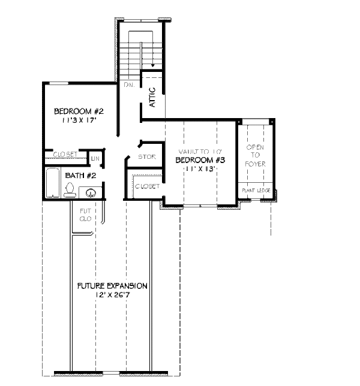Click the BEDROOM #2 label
tap(79, 111)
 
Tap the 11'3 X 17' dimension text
tap(79, 120)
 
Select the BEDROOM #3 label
tap(200, 160)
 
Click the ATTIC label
tap(152, 97)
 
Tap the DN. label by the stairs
tap(128, 85)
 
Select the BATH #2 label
tap(81, 176)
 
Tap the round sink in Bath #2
tap(91, 193)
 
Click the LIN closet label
tap(95, 158)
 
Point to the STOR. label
tap(146, 157)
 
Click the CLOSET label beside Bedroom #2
tap(65, 155)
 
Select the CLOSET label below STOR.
tap(147, 186)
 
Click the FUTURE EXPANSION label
tap(112, 286)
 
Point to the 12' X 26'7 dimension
tap(112, 295)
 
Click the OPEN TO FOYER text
tap(256, 155)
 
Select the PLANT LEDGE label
tap(256, 191)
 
